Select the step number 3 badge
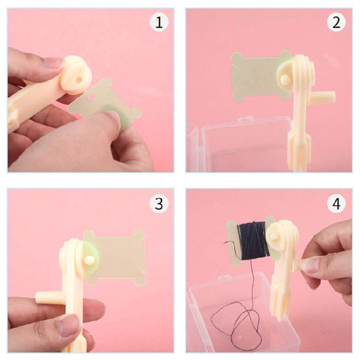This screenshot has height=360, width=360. (x=158, y=203)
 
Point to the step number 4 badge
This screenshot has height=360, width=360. (x=336, y=203)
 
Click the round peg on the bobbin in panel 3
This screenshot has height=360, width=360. (x=89, y=261)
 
